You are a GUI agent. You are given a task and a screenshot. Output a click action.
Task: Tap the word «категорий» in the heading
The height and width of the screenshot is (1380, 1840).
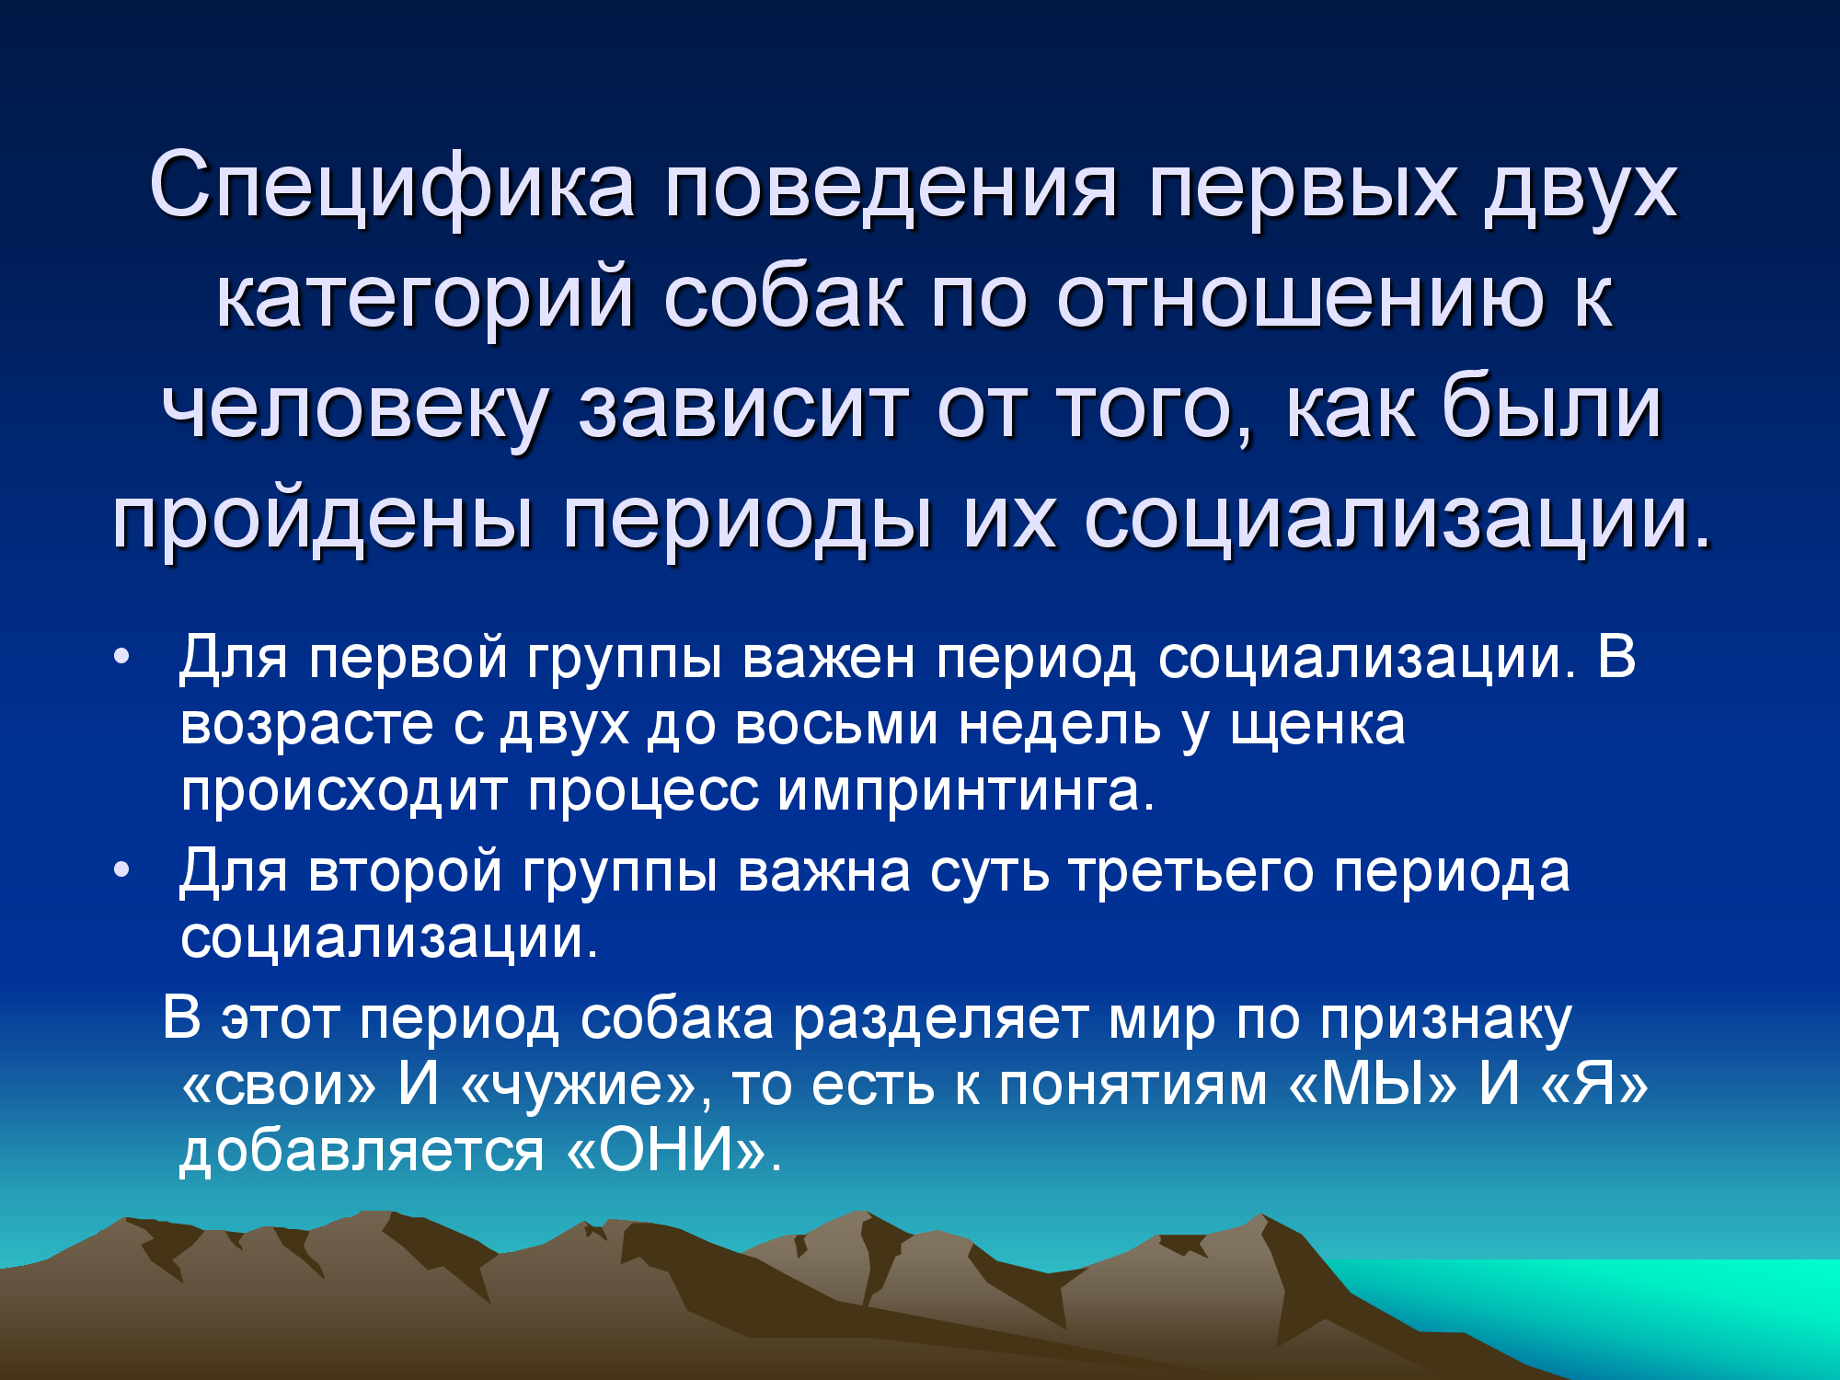pos(425,296)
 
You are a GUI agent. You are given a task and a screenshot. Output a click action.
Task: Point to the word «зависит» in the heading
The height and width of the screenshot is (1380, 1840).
pos(744,408)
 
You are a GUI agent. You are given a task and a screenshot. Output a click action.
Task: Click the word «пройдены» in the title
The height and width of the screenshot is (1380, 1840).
pos(322,518)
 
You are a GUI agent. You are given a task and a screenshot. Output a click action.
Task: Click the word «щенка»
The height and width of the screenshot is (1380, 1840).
pos(1317,726)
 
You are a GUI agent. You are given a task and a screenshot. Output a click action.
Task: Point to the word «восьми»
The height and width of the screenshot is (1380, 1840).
pos(837,725)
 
